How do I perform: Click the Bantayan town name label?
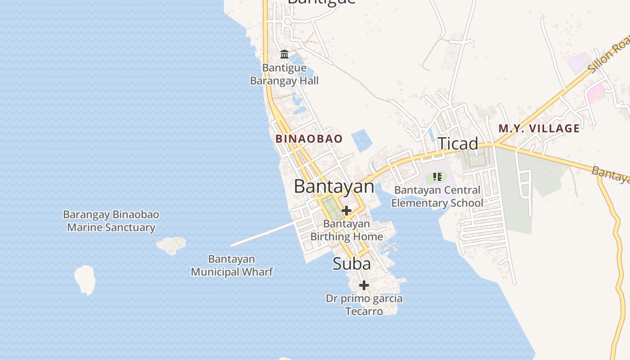(334, 186)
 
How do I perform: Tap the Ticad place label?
(458, 144)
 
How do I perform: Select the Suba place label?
(352, 264)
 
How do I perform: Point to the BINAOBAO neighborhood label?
(309, 139)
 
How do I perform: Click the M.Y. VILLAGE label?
(539, 128)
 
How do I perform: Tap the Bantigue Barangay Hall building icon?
(284, 54)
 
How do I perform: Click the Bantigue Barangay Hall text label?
(284, 75)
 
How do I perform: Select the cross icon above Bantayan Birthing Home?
(346, 210)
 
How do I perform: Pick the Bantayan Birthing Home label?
(346, 230)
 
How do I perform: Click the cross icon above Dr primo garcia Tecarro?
(364, 285)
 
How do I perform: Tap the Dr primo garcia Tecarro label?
(364, 305)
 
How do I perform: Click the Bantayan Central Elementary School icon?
(437, 177)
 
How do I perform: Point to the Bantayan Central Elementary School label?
(437, 197)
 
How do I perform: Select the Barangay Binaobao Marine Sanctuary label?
(111, 221)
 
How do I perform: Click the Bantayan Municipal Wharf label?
(232, 265)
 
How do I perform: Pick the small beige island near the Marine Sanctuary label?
(171, 245)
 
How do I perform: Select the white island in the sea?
(85, 279)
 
